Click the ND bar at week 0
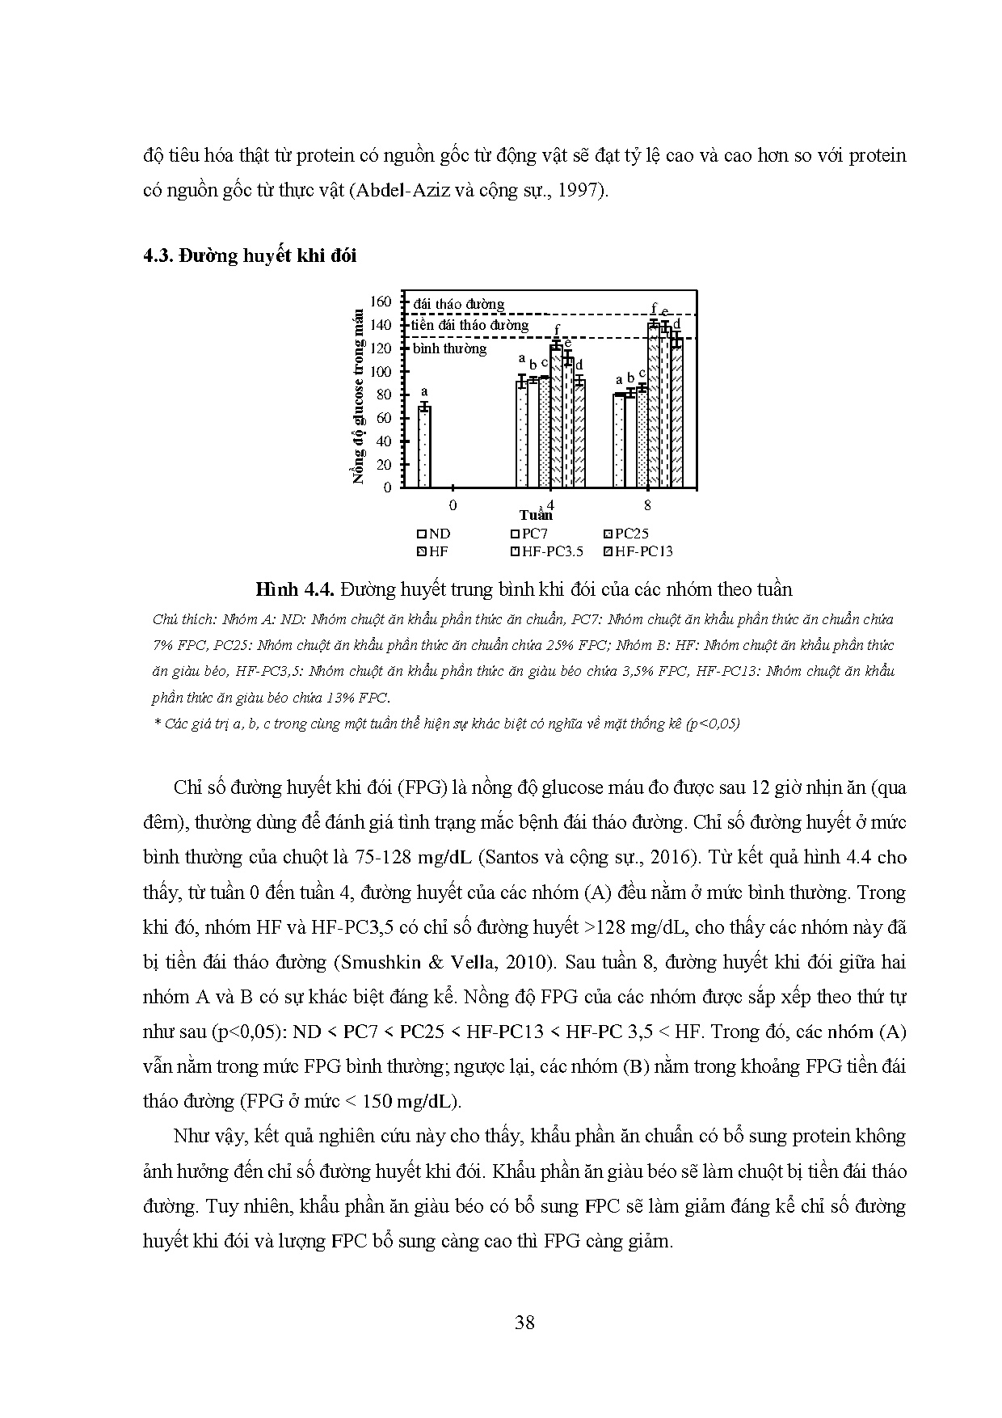pos(424,446)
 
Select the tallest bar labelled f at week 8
pos(653,404)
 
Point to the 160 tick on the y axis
pos(381,302)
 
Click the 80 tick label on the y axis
pos(383,395)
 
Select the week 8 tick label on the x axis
pos(648,505)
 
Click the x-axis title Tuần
pos(536,515)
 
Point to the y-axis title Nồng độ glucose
pos(359,396)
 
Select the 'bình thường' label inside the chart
pos(450,348)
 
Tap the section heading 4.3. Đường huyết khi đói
pos(250,255)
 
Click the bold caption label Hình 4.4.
pos(294,589)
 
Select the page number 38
pos(524,1323)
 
